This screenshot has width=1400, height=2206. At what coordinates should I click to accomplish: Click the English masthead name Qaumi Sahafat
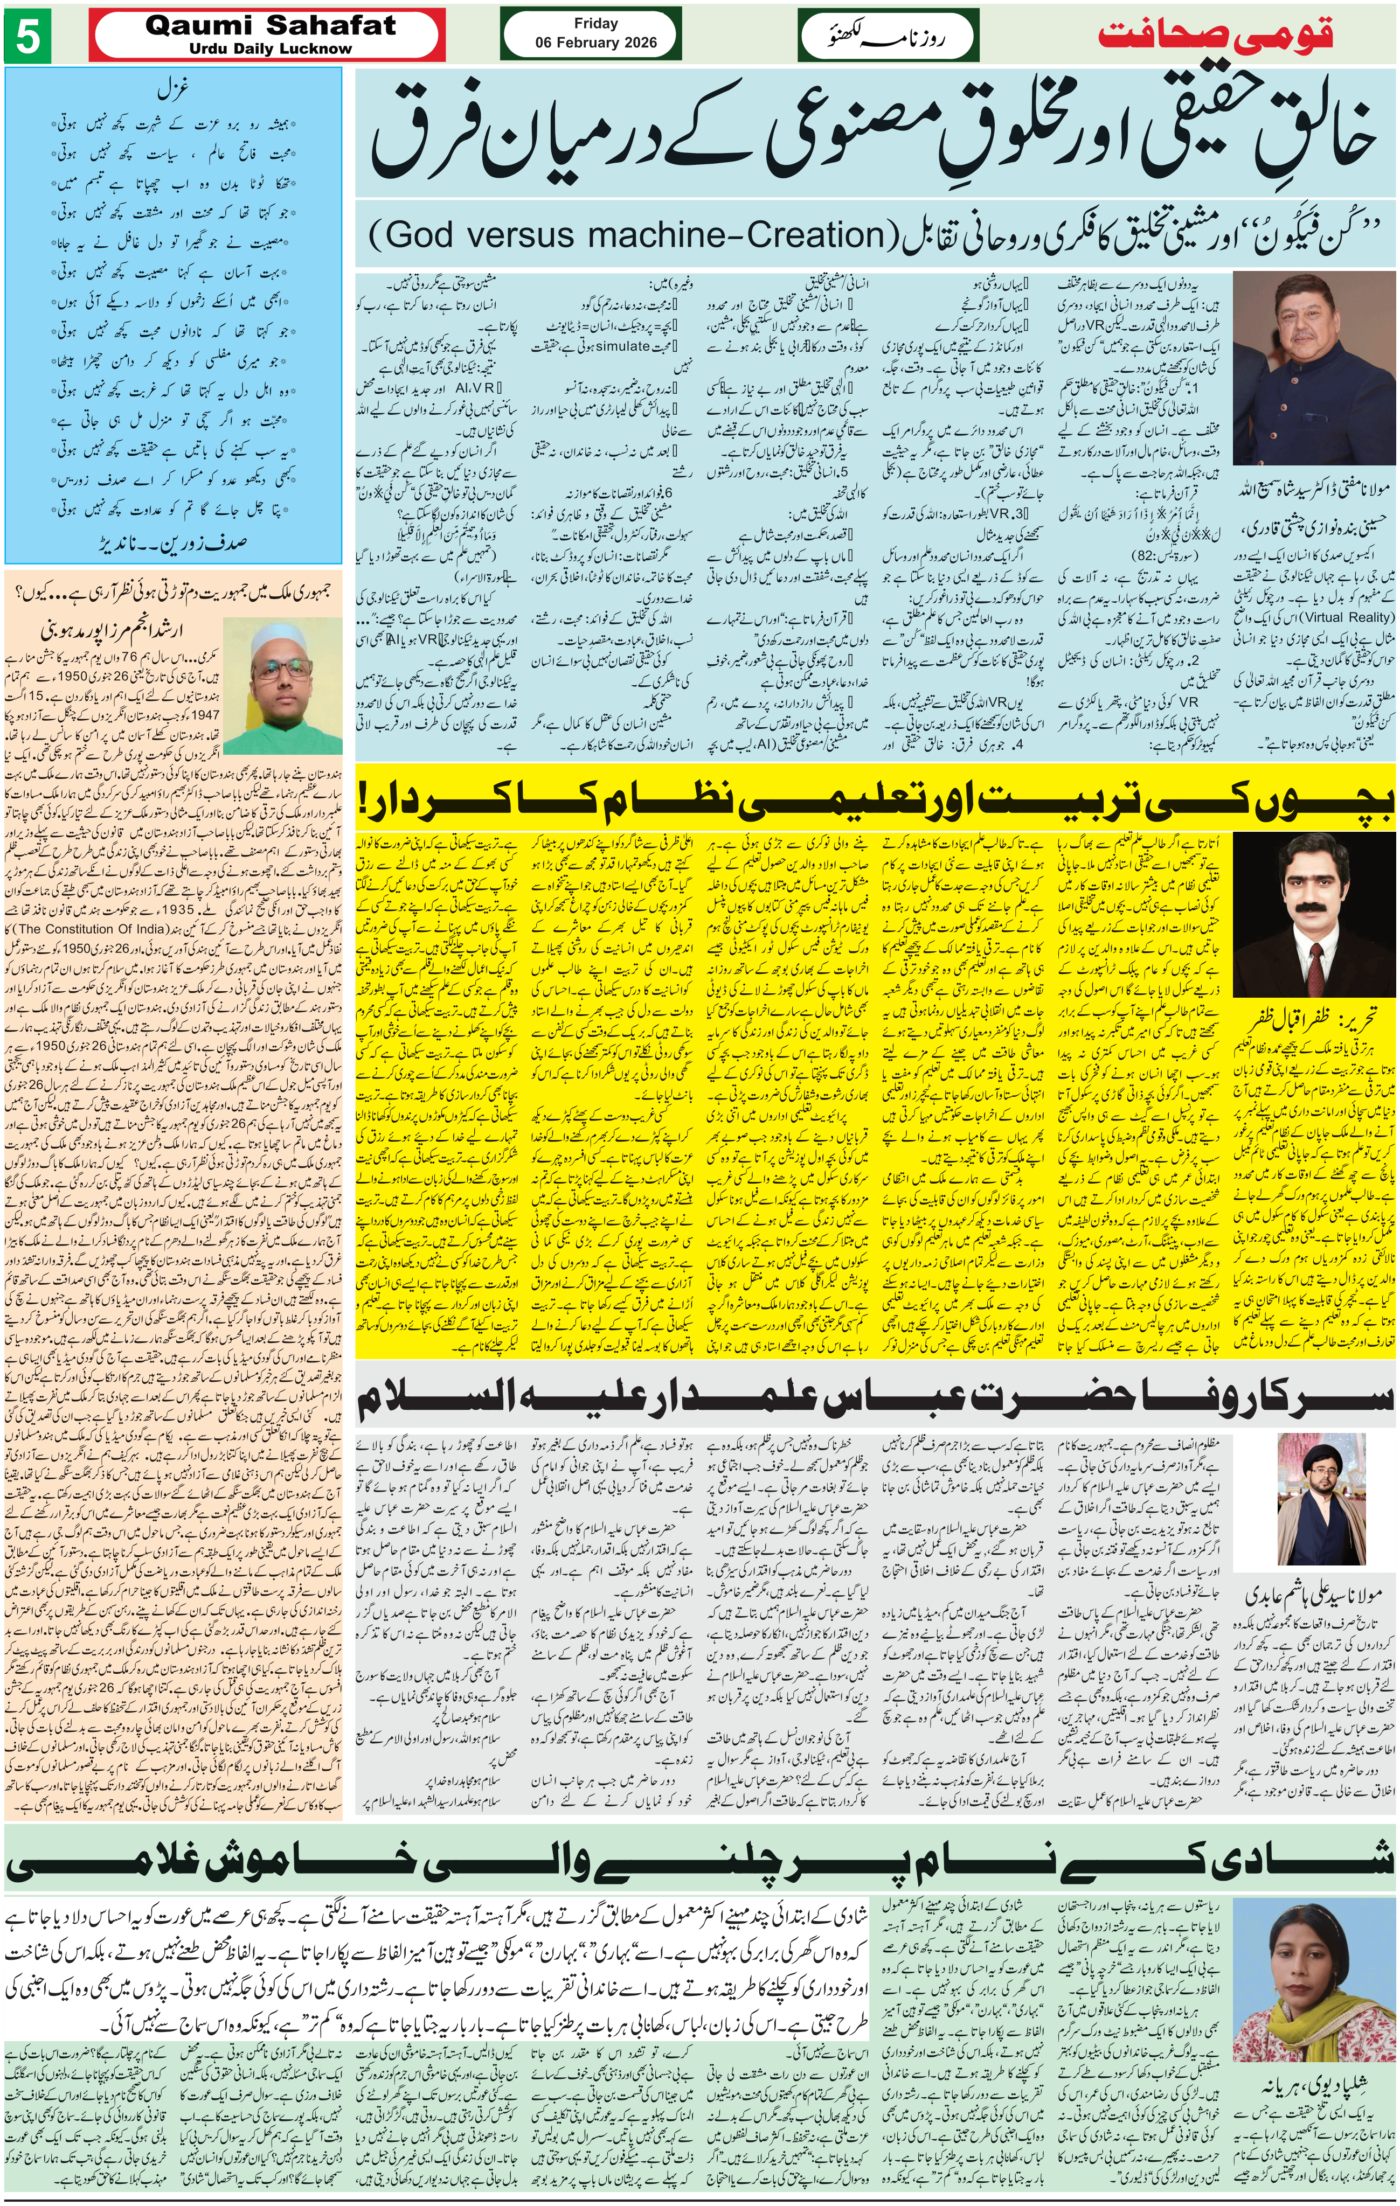pyautogui.click(x=271, y=26)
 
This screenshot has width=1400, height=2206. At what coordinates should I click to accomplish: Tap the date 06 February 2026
pyautogui.click(x=595, y=42)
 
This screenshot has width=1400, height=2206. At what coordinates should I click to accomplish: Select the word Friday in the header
pyautogui.click(x=595, y=23)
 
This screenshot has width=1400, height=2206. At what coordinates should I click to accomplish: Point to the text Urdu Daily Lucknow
pyautogui.click(x=271, y=48)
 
